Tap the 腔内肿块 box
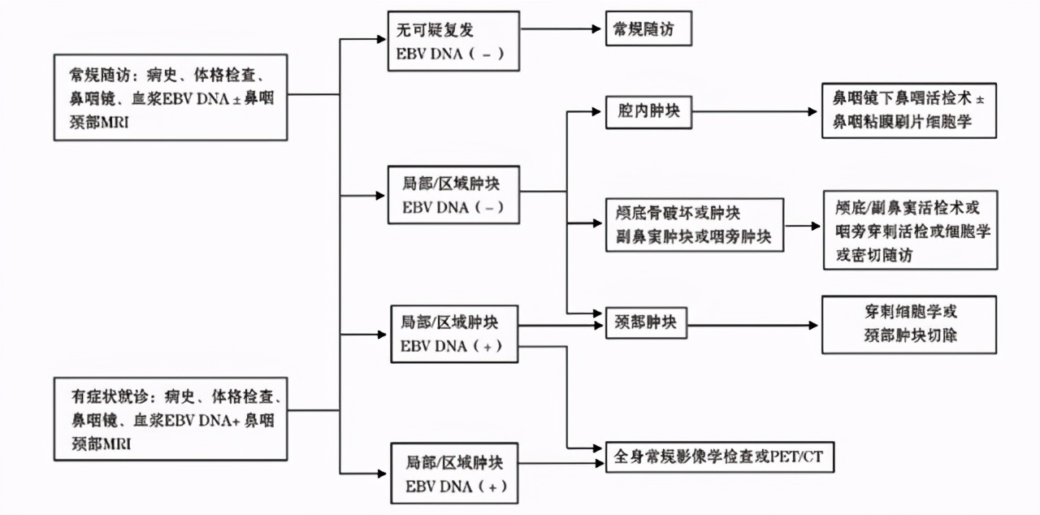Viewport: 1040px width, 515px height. tap(648, 114)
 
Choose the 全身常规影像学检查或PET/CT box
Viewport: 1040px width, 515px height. tap(719, 457)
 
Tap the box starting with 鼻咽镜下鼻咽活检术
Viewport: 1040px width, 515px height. tap(908, 109)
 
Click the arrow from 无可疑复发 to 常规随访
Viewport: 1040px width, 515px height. tap(561, 30)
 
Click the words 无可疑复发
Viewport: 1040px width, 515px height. tap(435, 30)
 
